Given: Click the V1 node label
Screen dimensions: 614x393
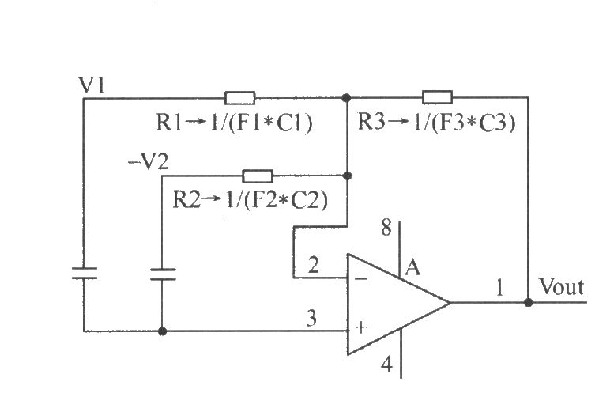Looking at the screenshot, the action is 92,85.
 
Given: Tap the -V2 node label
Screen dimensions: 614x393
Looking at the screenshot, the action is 149,161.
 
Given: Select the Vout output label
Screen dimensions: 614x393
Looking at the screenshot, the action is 561,286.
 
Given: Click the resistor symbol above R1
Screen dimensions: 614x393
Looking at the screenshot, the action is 240,98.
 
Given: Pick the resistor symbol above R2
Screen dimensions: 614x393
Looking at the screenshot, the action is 258,176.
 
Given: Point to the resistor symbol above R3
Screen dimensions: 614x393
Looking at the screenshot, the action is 438,97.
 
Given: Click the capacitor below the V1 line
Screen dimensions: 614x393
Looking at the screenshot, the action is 85,273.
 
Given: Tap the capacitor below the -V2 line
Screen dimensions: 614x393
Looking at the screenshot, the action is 163,274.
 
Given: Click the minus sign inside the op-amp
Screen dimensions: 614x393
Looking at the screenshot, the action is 360,278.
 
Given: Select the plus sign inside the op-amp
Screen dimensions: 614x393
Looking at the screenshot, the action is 361,327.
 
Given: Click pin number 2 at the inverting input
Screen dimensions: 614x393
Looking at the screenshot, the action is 314,265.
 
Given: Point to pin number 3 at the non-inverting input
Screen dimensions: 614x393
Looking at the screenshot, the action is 311,318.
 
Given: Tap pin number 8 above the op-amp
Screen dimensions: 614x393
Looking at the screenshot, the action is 386,227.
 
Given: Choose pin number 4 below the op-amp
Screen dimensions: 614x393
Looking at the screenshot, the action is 387,365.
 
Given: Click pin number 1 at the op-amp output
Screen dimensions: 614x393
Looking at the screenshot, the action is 499,287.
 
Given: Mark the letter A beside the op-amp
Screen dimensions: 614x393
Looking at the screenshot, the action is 412,268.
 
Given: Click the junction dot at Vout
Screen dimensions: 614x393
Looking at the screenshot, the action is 529,303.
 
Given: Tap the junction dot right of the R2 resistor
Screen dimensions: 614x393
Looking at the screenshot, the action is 347,176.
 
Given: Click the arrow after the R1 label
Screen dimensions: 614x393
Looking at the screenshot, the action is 195,123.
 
